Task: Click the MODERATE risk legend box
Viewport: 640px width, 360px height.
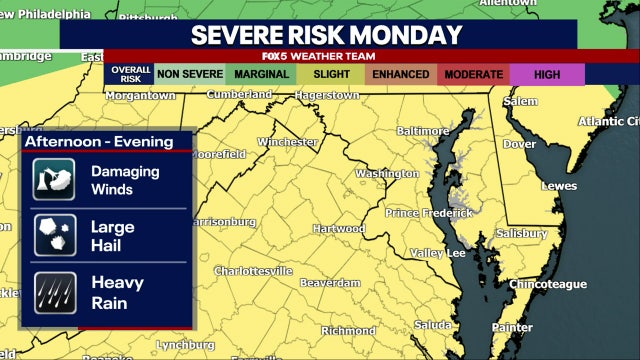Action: [473, 73]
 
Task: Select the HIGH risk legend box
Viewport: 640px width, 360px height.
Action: [546, 73]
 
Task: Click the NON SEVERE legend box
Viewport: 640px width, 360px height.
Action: [190, 73]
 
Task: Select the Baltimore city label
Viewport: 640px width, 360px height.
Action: [423, 131]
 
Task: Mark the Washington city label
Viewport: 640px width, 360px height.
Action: [387, 173]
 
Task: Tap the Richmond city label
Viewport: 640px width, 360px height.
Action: [348, 330]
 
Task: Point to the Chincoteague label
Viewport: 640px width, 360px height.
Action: [546, 285]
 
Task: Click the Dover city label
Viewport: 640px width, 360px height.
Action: [519, 143]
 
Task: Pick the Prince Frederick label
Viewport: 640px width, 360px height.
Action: [429, 213]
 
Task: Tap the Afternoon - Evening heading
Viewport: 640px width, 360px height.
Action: [98, 141]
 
